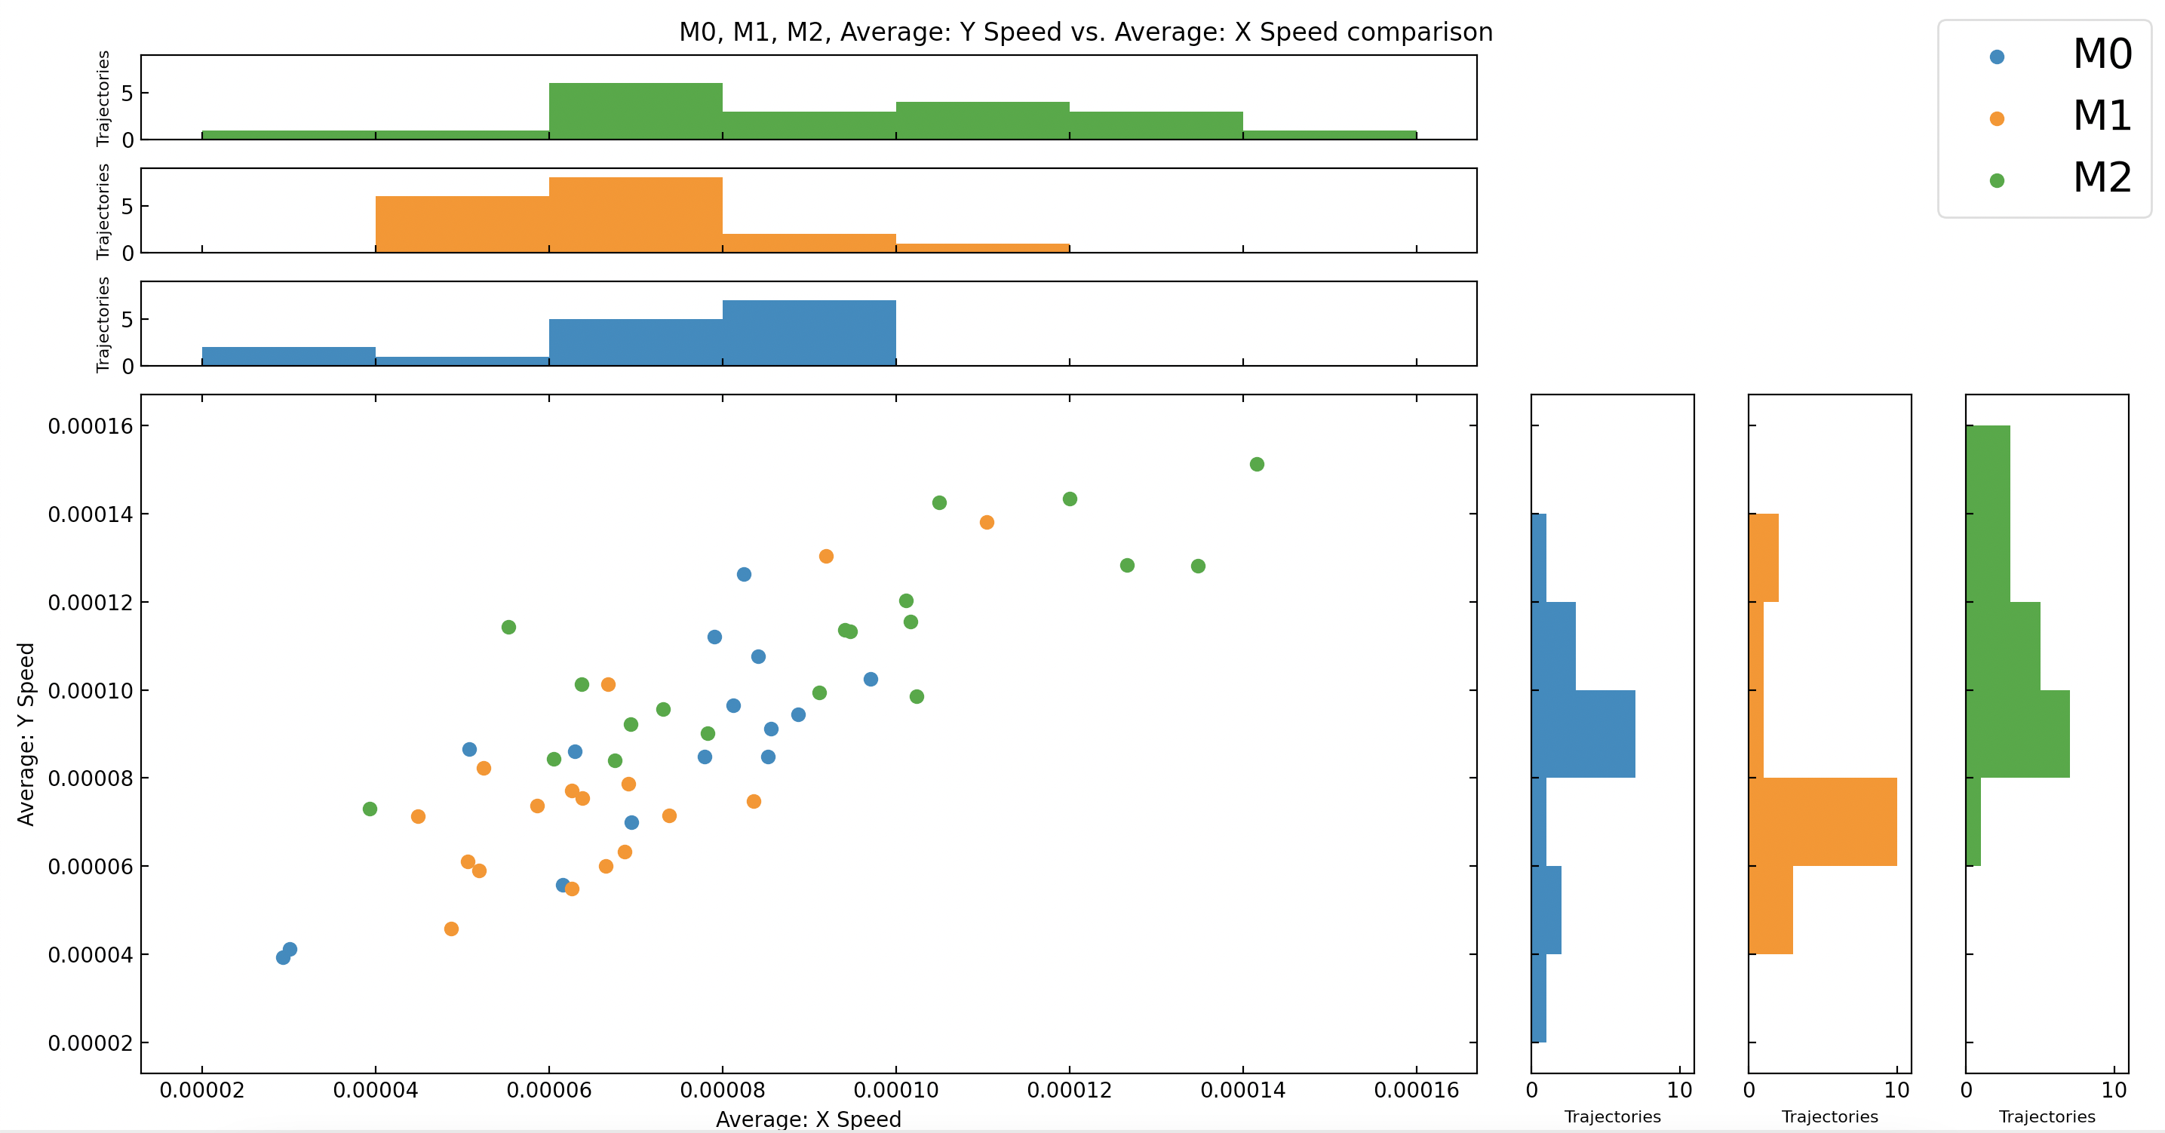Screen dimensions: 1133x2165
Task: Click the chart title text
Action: coord(1085,32)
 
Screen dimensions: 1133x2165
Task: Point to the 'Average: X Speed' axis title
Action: coord(808,1119)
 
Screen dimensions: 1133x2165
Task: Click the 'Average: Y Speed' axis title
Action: coord(26,734)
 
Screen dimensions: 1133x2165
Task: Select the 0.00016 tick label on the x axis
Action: coord(1416,1090)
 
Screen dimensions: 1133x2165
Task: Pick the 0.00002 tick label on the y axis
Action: coord(90,1043)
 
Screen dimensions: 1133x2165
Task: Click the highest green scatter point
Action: coord(1257,464)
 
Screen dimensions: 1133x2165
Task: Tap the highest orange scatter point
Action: coord(987,522)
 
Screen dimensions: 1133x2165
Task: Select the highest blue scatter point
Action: coord(744,574)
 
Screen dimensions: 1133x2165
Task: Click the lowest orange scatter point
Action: coord(451,929)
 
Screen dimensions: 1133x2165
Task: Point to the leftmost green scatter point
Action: coord(370,809)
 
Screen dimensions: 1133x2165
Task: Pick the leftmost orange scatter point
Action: coord(418,816)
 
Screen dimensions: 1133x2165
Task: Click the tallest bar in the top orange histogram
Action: coord(635,215)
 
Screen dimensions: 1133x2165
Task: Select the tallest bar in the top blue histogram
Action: coord(809,333)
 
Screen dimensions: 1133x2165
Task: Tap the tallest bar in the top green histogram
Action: coord(635,111)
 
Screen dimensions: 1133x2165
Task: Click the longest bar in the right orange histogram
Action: coord(1822,822)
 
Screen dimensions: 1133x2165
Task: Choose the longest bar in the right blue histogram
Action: coord(1583,734)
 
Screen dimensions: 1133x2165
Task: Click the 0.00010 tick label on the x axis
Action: coord(896,1090)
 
